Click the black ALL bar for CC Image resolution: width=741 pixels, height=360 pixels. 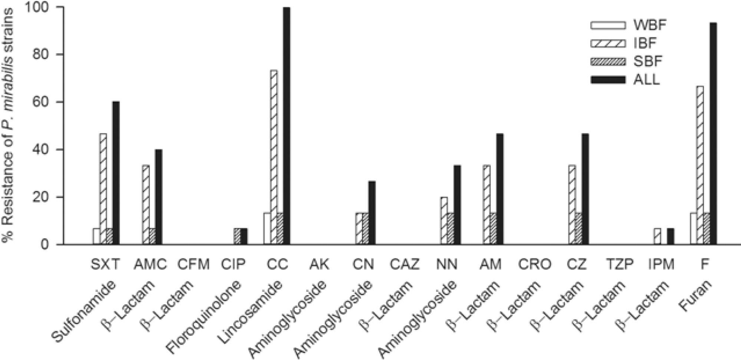(x=287, y=126)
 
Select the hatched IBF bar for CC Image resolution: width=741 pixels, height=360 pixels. (x=274, y=157)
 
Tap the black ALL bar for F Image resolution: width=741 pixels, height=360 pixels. (x=713, y=134)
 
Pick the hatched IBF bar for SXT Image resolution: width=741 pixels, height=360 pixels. (x=103, y=189)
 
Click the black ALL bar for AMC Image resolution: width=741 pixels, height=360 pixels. (x=158, y=197)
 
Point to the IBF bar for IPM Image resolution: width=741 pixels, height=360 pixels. (x=657, y=237)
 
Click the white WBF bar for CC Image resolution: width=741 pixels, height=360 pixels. (x=267, y=228)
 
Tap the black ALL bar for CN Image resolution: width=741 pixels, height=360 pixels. (x=372, y=213)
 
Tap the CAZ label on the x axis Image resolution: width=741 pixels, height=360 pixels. (x=405, y=264)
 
